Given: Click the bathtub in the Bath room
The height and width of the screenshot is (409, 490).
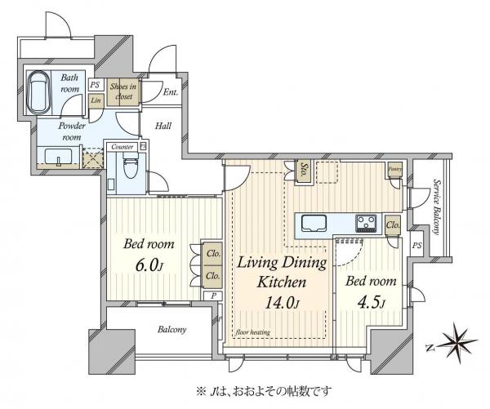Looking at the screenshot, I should coord(39,94).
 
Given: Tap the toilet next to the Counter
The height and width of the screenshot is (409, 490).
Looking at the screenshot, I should coord(128,170).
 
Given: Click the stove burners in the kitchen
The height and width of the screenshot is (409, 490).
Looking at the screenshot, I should coord(365,222).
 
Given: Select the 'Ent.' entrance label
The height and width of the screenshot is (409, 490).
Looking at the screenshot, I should coord(171,93).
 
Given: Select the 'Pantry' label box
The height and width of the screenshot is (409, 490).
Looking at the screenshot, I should coord(394,169).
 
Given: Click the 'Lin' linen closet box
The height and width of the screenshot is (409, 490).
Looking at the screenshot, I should coord(96,101).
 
